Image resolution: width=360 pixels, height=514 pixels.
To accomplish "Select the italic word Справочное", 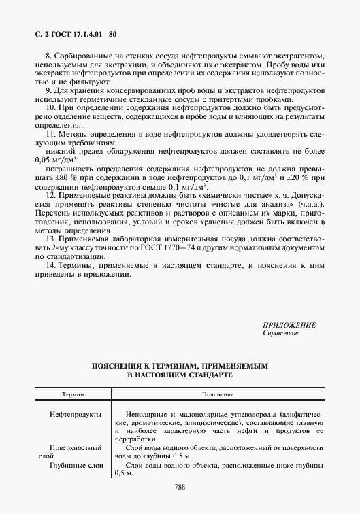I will click(280, 333).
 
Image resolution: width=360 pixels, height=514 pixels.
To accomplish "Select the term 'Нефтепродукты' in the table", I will click(76, 413).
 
